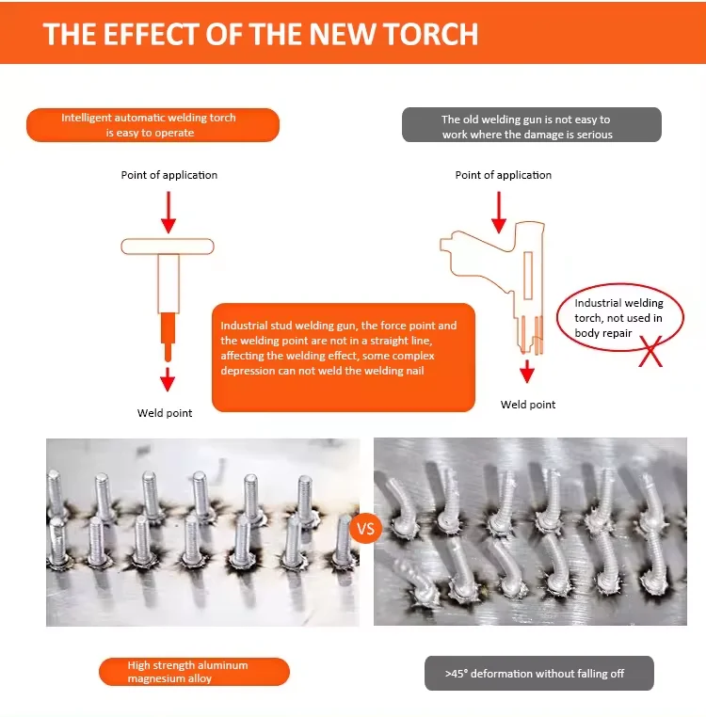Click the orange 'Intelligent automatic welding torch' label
(152, 125)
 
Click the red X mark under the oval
(648, 356)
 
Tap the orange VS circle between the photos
(365, 529)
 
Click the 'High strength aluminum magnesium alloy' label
(194, 672)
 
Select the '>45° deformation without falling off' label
(538, 673)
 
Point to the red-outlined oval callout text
(618, 318)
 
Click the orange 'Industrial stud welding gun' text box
(343, 357)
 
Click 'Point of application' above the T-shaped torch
(168, 175)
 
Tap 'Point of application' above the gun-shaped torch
(504, 175)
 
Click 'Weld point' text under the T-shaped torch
(165, 413)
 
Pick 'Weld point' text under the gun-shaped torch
(528, 405)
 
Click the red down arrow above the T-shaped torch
(168, 213)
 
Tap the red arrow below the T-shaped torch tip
(168, 379)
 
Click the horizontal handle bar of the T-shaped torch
(168, 247)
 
